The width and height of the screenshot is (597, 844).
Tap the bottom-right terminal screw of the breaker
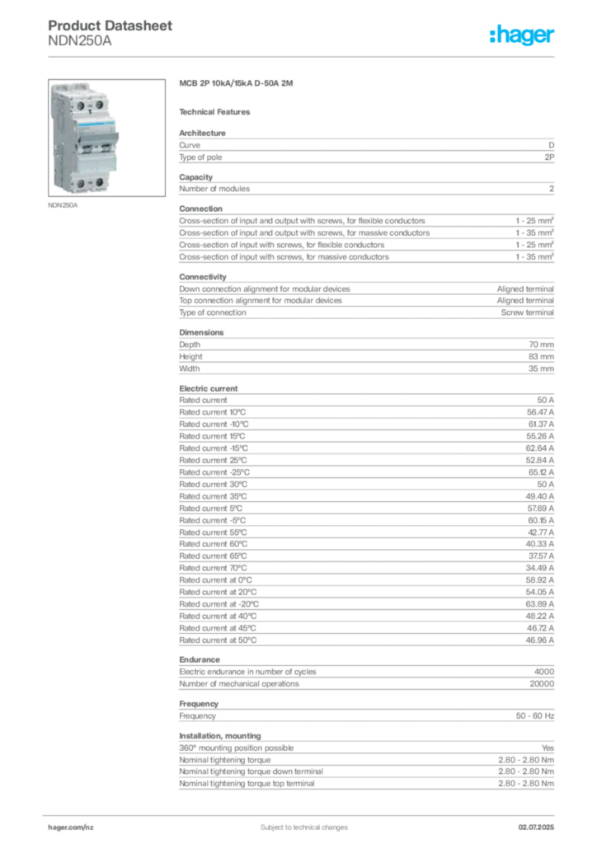point(98,181)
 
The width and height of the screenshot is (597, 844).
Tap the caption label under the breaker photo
point(63,206)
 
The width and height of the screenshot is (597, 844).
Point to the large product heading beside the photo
point(237,84)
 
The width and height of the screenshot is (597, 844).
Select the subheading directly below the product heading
point(218,111)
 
